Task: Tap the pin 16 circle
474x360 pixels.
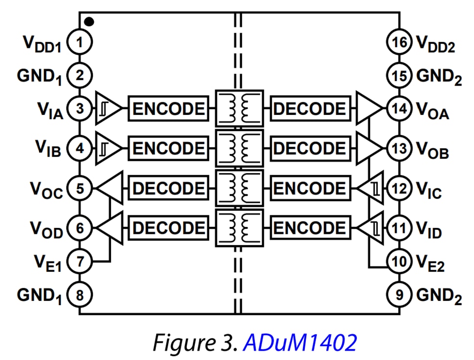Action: pyautogui.click(x=399, y=43)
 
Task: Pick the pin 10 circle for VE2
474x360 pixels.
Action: pyautogui.click(x=399, y=262)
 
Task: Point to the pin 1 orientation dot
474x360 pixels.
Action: pyautogui.click(x=89, y=21)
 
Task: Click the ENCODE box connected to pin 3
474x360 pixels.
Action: pyautogui.click(x=168, y=109)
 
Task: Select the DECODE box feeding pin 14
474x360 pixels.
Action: pyautogui.click(x=309, y=109)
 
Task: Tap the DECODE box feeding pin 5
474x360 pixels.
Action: pyautogui.click(x=168, y=188)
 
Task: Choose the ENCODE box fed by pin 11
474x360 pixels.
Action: pyautogui.click(x=309, y=228)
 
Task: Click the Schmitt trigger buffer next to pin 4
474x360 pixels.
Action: pyautogui.click(x=108, y=148)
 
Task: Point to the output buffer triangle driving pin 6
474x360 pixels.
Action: pyautogui.click(x=110, y=228)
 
